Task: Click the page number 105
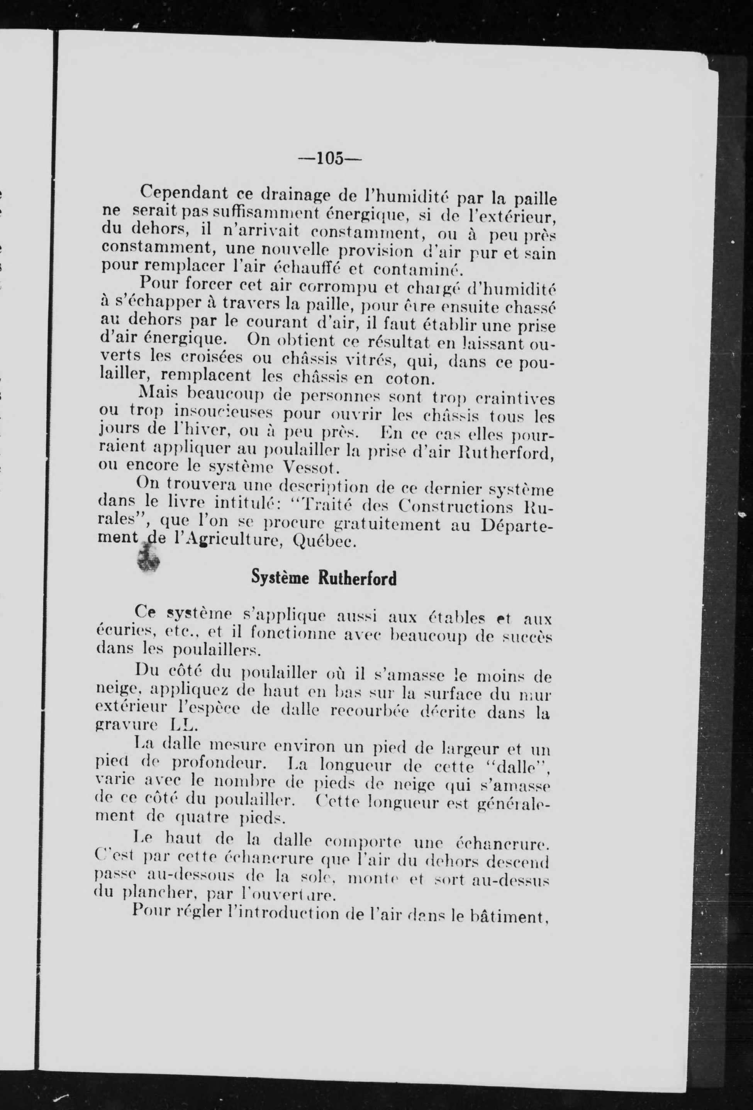330,158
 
